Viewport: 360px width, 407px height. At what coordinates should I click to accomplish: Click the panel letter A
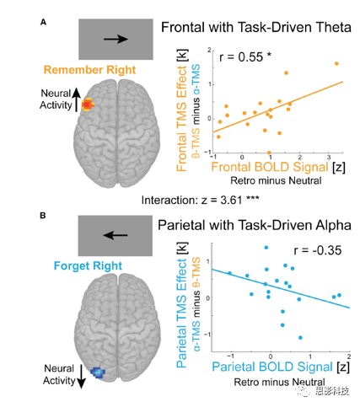[x=43, y=22]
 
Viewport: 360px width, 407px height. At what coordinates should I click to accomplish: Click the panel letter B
[x=43, y=216]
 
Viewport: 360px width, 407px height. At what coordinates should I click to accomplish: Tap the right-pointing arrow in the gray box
[x=116, y=39]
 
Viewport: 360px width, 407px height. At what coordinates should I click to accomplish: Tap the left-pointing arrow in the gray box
[x=116, y=235]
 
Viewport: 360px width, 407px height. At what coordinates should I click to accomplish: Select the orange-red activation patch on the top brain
[x=88, y=104]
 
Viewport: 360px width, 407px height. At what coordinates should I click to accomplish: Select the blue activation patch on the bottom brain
[x=98, y=372]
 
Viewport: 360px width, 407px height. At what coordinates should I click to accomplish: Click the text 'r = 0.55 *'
[x=245, y=57]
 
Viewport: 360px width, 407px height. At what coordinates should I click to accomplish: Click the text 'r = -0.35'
[x=318, y=250]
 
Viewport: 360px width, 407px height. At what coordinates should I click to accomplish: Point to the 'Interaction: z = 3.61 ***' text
[x=200, y=201]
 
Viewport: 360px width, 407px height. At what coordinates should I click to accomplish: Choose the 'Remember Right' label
[x=89, y=70]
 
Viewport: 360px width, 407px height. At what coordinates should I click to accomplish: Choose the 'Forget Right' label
[x=88, y=265]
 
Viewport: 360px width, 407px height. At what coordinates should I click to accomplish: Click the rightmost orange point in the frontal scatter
[x=336, y=64]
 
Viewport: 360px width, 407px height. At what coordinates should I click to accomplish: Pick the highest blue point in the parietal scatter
[x=266, y=248]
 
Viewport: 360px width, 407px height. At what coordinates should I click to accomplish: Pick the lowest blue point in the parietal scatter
[x=300, y=338]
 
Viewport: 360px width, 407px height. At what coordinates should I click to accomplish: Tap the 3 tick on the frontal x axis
[x=329, y=158]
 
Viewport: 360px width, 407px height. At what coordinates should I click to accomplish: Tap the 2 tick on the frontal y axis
[x=209, y=50]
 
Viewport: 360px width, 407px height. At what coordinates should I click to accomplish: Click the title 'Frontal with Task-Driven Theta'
[x=256, y=28]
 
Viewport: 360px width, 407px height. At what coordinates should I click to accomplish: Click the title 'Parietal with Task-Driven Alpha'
[x=255, y=225]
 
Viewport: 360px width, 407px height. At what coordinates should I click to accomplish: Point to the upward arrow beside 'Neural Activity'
[x=77, y=100]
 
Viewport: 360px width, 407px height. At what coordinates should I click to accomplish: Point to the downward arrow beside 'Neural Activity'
[x=81, y=377]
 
